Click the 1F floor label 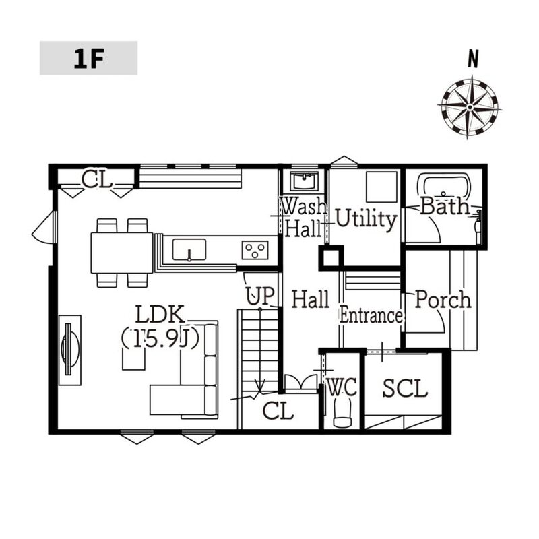pos(89,59)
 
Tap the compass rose pos(470,107)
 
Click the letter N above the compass pos(474,59)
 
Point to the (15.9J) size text pos(160,340)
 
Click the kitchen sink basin pos(189,249)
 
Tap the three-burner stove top pos(255,250)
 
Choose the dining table pos(122,253)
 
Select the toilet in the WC pos(342,412)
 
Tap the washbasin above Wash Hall pos(305,181)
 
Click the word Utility pos(366,219)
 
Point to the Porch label pos(443,299)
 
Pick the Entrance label pos(371,315)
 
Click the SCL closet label pos(405,389)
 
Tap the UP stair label pos(260,296)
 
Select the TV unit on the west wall pos(70,350)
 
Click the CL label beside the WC pos(278,411)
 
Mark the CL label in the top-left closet pos(96,180)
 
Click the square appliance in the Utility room pos(381,187)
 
